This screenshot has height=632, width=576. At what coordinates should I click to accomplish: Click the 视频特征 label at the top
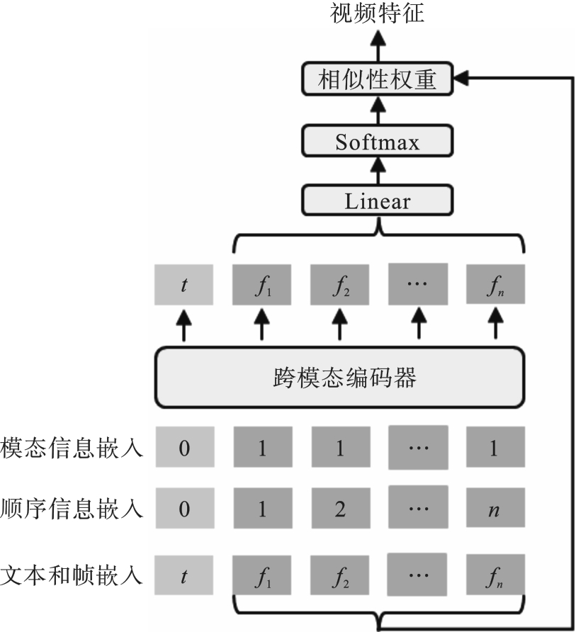pos(378,13)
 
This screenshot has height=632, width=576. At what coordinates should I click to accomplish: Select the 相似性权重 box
pos(378,79)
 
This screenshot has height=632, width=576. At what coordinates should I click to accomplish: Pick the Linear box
pos(378,201)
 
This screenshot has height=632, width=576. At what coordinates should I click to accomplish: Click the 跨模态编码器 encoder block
pos(340,378)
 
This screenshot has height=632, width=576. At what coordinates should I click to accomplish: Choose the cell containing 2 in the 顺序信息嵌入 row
pos(340,508)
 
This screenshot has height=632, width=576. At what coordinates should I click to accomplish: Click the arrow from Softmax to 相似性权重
pos(378,110)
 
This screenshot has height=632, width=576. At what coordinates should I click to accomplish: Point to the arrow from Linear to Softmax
pos(378,171)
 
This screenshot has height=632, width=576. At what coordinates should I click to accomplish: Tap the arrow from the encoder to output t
pos(183,325)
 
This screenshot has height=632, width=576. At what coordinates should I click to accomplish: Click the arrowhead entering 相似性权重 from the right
pos(461,79)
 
